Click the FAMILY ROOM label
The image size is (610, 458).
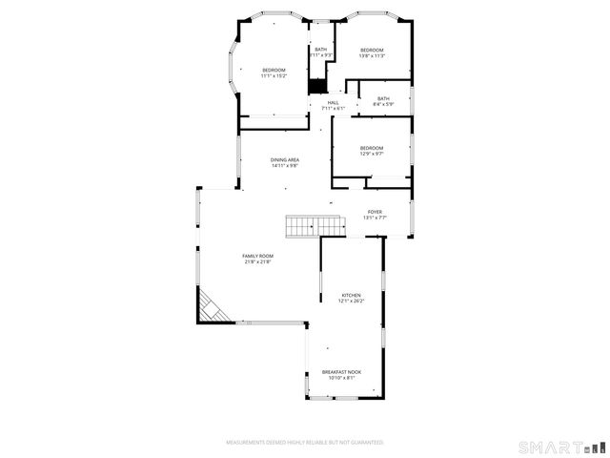(x=257, y=256)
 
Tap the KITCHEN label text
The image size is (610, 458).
(x=351, y=296)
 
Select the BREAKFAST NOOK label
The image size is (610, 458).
(x=341, y=371)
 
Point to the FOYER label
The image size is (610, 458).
(x=375, y=212)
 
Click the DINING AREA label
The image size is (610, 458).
(x=284, y=159)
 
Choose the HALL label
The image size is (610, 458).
(x=333, y=103)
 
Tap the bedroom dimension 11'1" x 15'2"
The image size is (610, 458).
(x=274, y=76)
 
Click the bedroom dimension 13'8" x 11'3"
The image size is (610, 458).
(x=371, y=56)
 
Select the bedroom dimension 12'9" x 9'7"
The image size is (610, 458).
(x=371, y=154)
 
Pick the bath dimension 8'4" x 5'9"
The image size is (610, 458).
(x=383, y=103)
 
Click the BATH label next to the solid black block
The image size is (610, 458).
(x=320, y=50)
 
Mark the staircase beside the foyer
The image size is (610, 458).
(x=315, y=226)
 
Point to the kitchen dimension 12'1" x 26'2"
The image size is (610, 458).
(x=351, y=302)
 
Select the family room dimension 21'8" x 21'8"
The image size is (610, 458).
(x=257, y=261)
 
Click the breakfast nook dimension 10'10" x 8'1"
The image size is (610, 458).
(x=341, y=377)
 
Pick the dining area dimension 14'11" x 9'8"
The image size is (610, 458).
(x=284, y=165)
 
